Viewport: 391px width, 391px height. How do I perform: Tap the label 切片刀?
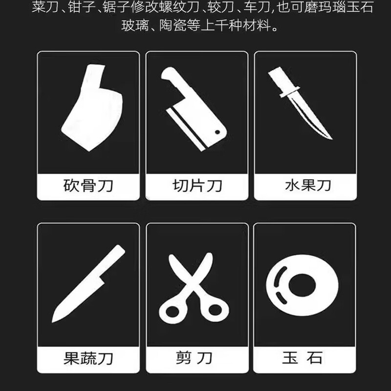coord(197,186)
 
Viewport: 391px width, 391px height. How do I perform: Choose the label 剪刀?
coord(197,358)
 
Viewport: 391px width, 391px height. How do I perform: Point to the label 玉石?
coord(302,358)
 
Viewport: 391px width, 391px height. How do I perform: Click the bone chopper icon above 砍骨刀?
coord(91,109)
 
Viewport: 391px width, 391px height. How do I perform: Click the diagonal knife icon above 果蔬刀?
coord(88,283)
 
